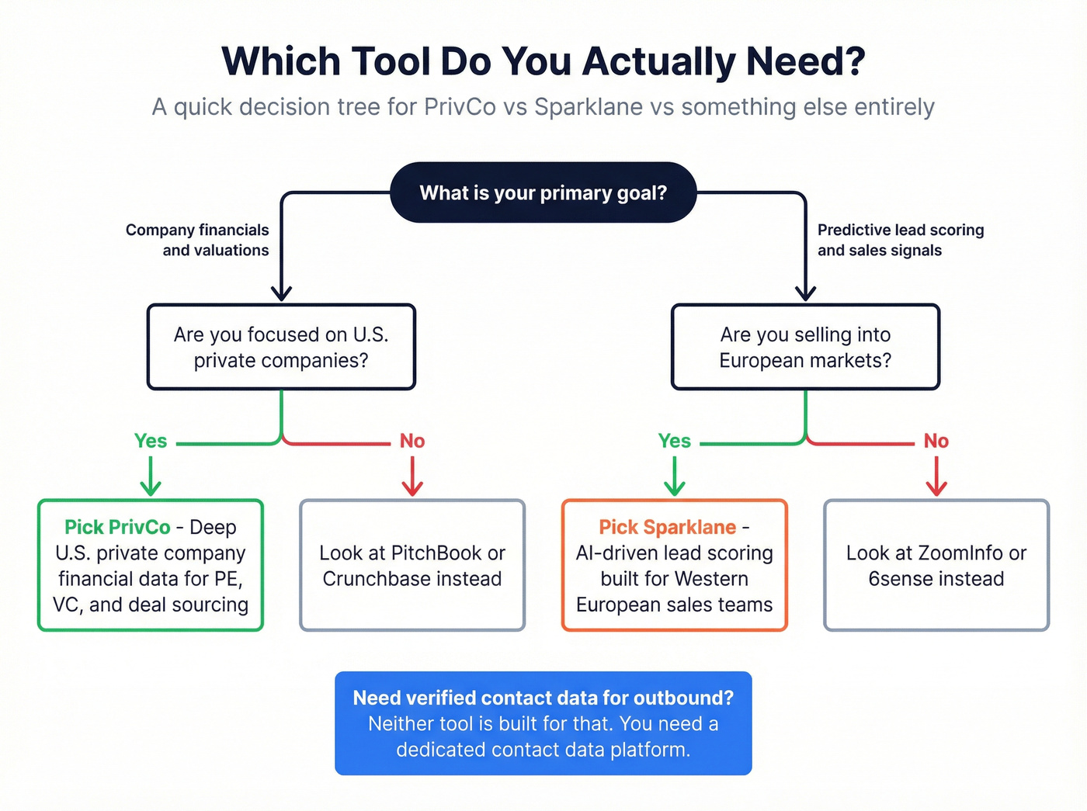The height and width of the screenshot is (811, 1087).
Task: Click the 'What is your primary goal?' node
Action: (x=543, y=192)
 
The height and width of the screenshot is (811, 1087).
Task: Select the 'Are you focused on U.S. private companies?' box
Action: (x=281, y=347)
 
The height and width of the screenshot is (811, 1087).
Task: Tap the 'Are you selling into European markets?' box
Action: (x=805, y=347)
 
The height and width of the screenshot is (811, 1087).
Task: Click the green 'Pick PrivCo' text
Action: (x=117, y=527)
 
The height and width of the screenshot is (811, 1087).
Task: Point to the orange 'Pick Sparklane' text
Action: (x=667, y=527)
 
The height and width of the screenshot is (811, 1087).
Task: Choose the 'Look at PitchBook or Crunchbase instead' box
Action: (x=412, y=565)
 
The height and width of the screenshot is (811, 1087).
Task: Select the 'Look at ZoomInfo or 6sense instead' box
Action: (x=936, y=565)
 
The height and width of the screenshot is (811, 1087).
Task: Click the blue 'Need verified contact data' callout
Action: (x=543, y=723)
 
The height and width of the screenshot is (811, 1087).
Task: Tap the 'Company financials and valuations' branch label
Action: (x=197, y=240)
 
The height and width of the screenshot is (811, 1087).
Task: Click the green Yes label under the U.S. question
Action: (x=151, y=441)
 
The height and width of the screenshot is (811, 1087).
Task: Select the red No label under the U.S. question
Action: (x=412, y=441)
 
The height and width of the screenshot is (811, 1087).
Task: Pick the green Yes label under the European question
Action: (x=674, y=441)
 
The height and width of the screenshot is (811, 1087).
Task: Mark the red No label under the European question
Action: (x=936, y=441)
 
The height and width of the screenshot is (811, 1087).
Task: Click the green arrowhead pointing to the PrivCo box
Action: (x=151, y=487)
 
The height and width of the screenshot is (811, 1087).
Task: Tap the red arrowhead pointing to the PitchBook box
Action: (x=412, y=487)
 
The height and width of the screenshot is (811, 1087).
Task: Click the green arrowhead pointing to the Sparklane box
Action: (x=674, y=487)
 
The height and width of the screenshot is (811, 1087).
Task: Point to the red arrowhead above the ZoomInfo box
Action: (x=936, y=487)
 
